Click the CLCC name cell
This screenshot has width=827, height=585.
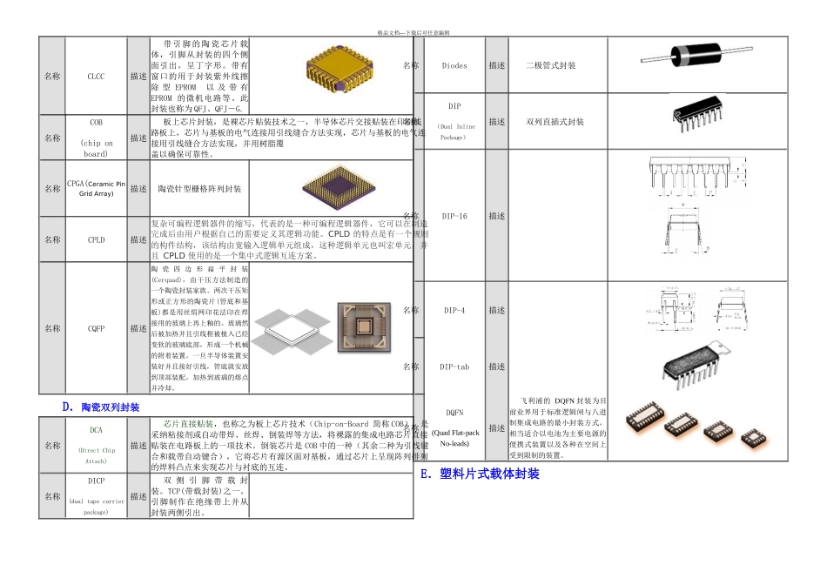pos(96,77)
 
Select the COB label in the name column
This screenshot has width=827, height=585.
pos(96,138)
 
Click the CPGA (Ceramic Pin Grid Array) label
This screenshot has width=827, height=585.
pos(96,188)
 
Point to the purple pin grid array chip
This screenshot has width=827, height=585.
pos(330,188)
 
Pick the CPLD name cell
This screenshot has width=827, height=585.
pos(96,239)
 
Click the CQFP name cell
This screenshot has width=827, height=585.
pos(96,328)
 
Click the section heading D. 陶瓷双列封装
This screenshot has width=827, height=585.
pos(101,407)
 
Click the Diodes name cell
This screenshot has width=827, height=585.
pos(454,65)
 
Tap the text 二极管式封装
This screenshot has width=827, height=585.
pos(550,65)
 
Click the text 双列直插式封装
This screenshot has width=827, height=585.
pos(555,122)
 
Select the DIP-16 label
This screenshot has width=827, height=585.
pos(454,216)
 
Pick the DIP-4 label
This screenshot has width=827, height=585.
pos(454,310)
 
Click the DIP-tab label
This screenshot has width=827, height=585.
pos(454,367)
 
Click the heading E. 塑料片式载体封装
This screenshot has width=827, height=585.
pos(479,474)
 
